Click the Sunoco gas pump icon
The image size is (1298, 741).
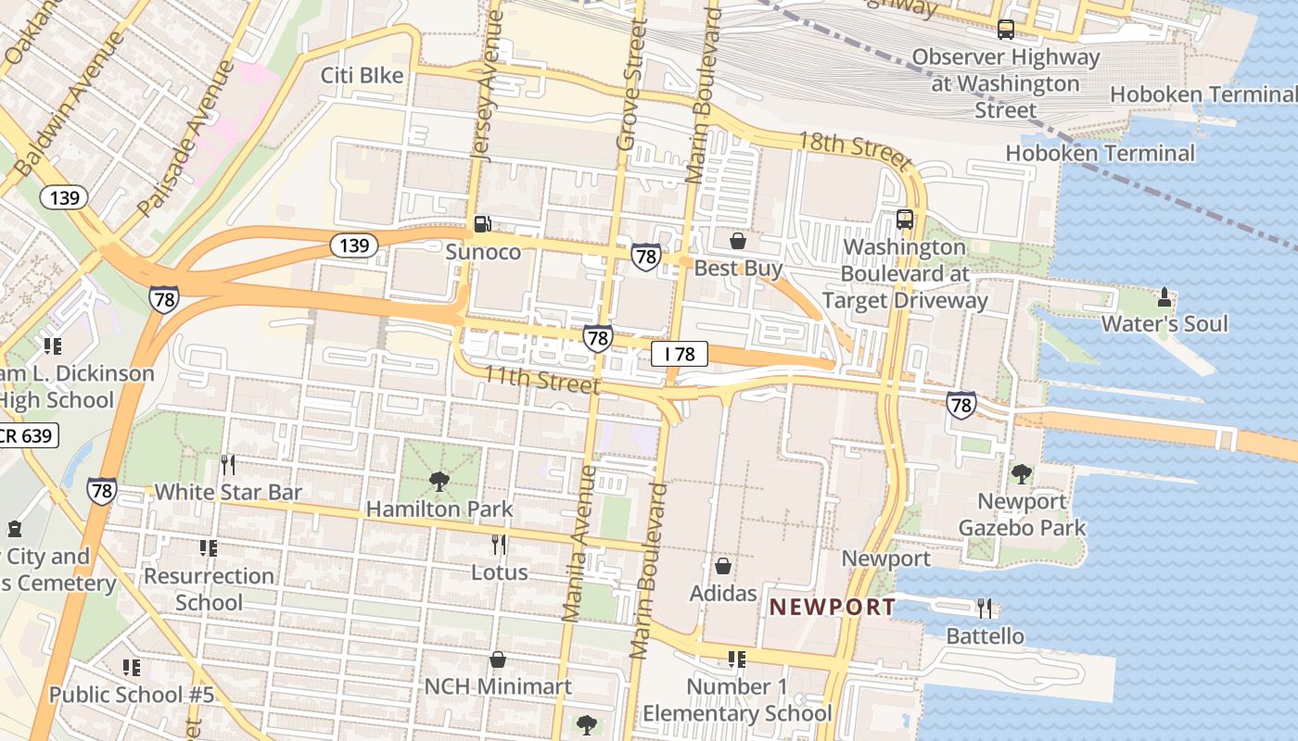[x=482, y=223]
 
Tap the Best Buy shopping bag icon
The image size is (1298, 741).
[x=738, y=241]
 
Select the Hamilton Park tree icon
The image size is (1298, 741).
[x=439, y=482]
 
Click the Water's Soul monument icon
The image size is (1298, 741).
[x=1164, y=297]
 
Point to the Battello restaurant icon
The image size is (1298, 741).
[x=985, y=609]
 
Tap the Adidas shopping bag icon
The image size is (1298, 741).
[x=722, y=566]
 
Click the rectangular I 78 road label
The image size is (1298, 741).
[x=680, y=354]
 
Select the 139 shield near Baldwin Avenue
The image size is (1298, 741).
[x=64, y=197]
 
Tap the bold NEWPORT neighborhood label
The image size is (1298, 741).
[x=833, y=608]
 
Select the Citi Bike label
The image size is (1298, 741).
[x=363, y=75]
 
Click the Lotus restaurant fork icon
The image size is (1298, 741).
[x=499, y=544]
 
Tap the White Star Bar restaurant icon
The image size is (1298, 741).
[x=228, y=464]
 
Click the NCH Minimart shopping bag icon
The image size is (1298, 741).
[x=498, y=659]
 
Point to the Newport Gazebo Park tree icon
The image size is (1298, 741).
[x=1022, y=474]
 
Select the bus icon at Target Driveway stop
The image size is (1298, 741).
[x=905, y=220]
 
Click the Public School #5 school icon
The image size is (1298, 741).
[x=132, y=667]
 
